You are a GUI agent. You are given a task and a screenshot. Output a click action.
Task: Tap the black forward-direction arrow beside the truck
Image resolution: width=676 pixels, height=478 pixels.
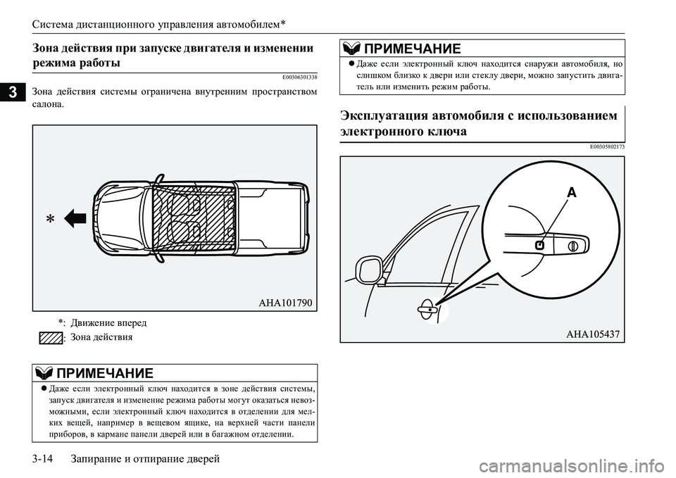click(x=74, y=219)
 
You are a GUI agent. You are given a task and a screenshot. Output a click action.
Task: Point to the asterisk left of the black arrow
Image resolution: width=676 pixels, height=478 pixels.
click(x=50, y=220)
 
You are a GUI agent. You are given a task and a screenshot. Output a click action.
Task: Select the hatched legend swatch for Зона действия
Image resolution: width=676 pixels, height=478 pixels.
click(x=51, y=338)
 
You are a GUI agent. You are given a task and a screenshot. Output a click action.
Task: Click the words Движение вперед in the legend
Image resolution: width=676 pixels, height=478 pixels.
click(x=109, y=322)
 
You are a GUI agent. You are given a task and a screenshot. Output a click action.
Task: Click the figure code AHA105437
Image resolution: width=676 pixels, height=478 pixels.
click(x=593, y=334)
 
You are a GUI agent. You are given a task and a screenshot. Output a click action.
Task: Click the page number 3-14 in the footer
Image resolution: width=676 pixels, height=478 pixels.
click(x=45, y=459)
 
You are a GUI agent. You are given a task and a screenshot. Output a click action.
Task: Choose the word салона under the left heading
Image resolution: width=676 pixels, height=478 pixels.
click(x=47, y=104)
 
